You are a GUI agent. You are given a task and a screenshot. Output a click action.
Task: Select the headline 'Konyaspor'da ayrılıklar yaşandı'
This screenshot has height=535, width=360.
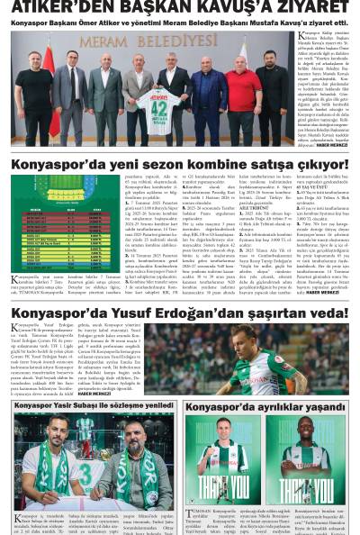(265, 407)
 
